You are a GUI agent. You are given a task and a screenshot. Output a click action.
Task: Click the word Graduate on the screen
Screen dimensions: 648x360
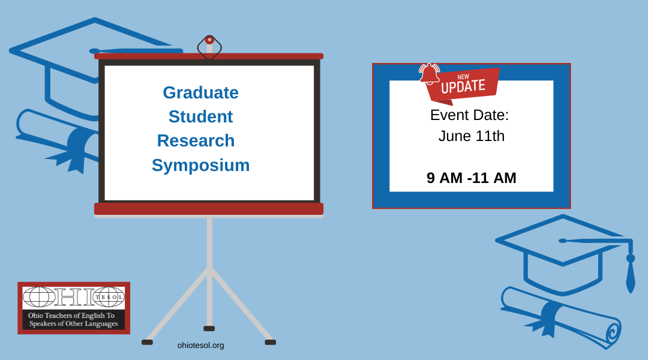(200, 93)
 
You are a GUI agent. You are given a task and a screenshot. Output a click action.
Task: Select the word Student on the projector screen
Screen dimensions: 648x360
(200, 116)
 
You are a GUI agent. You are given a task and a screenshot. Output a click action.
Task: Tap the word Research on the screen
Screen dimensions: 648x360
(196, 140)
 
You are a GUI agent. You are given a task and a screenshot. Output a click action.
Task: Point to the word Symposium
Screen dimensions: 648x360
(200, 166)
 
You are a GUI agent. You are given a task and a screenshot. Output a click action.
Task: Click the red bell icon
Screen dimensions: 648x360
(430, 74)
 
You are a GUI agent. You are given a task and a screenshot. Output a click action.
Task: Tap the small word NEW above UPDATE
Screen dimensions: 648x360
(463, 77)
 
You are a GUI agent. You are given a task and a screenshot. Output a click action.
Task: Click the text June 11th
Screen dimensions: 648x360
(471, 136)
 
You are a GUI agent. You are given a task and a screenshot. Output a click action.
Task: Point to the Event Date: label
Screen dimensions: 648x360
(469, 115)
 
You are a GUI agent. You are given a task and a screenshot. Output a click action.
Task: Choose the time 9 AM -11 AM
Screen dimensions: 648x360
(472, 178)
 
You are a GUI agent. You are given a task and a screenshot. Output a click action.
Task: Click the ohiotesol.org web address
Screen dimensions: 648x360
(200, 345)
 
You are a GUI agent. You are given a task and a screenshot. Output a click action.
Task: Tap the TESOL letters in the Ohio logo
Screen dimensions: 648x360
(109, 297)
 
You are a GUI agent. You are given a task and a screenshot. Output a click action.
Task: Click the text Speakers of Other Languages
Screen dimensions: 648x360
(74, 323)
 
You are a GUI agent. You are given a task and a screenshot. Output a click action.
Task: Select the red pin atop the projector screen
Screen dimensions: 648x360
(209, 40)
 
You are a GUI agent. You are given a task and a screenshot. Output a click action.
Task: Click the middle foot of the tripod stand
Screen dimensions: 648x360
(209, 329)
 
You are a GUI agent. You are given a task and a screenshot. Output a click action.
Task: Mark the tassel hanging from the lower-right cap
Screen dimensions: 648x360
(631, 273)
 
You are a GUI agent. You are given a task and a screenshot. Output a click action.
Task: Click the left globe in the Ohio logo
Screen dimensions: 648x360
(39, 297)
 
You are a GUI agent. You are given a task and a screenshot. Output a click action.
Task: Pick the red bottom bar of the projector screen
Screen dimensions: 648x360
(209, 209)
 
